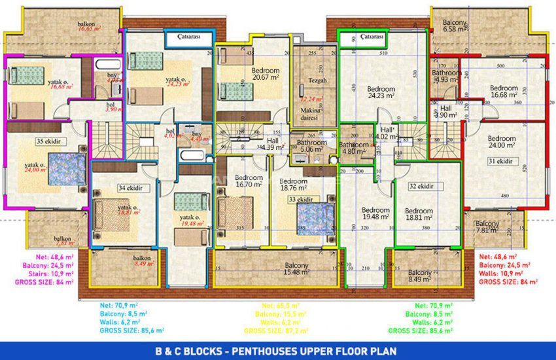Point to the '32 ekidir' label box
pos(422,186)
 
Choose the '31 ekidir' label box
pos(498,162)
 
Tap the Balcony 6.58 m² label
pos(454,26)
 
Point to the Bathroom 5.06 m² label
pos(311,145)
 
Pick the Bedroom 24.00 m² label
pos(502,142)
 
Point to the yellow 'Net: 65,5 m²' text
pos(280,306)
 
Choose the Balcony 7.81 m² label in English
pos(487,226)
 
